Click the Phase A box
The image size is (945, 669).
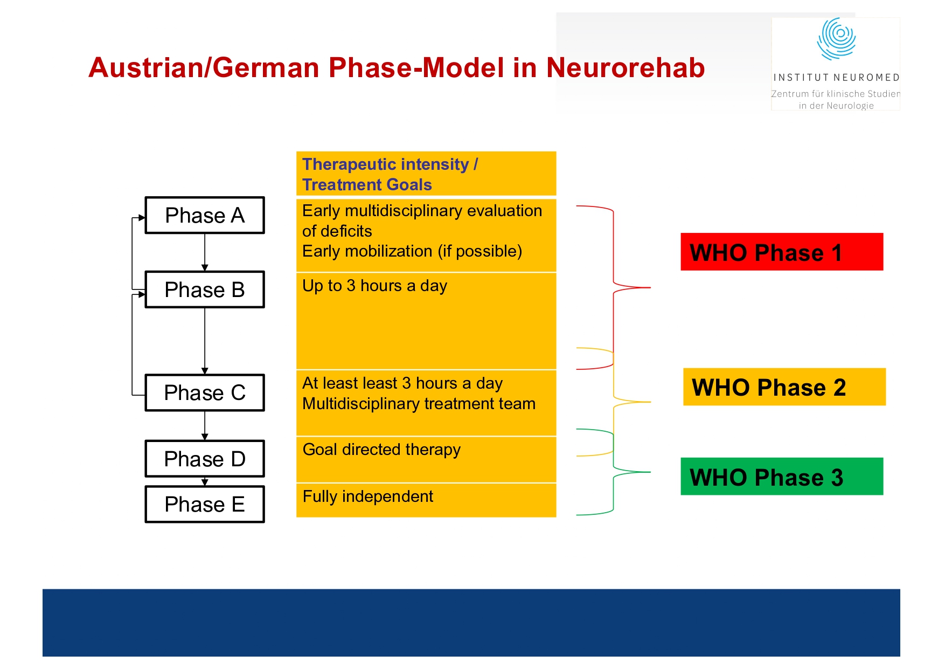coord(205,215)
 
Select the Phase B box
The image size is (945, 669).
coord(205,289)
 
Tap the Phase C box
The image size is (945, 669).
coord(205,392)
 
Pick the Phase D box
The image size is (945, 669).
coord(205,459)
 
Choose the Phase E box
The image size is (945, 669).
coord(205,504)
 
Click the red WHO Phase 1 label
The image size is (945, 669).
coord(781,252)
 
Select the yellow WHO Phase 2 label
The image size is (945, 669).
coord(784,387)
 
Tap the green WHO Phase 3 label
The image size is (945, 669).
coord(781,477)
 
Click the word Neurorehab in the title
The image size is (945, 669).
coord(625,68)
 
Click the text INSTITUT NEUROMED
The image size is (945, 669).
coord(836,78)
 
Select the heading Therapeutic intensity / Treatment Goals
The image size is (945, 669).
coord(390,174)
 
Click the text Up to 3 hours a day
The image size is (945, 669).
coord(374,286)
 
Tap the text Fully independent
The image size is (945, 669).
coord(368,496)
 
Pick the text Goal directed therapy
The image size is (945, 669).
coord(381,450)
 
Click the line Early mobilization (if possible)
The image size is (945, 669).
coord(412,251)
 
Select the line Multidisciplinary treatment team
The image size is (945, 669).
coord(419,404)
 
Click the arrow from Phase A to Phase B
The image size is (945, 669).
coord(205,252)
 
